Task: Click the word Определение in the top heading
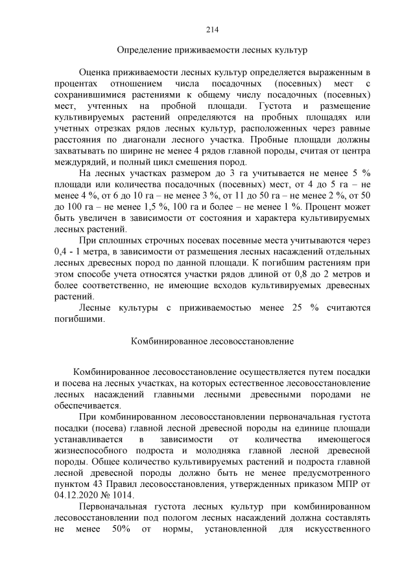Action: pos(143,49)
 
